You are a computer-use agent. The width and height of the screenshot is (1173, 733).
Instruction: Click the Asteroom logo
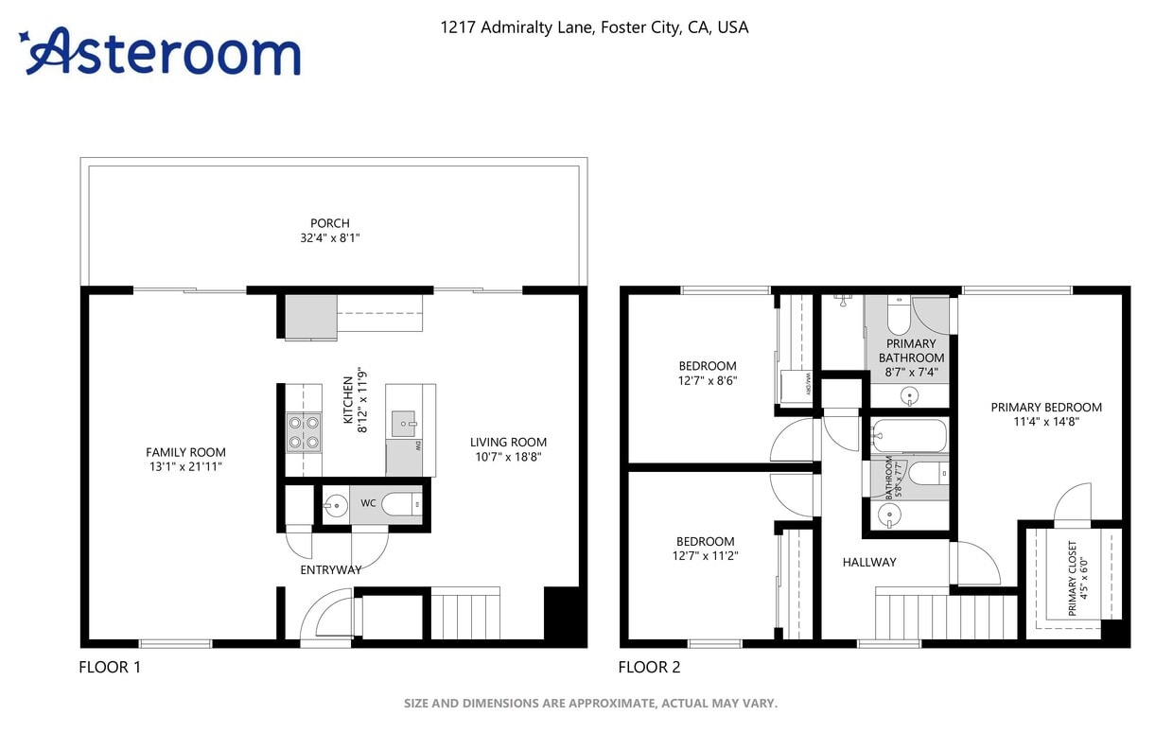pos(161,51)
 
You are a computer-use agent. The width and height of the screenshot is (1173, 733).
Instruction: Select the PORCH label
pos(329,223)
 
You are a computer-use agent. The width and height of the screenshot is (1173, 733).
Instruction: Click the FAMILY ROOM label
pos(185,452)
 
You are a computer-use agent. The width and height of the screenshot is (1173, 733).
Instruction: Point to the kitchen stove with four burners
pos(303,432)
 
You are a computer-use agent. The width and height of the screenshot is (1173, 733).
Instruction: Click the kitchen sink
pos(405,422)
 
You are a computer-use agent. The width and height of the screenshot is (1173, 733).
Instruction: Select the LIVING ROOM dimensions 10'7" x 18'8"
pos(508,457)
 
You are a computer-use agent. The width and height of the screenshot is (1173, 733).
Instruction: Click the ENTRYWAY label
pos(330,569)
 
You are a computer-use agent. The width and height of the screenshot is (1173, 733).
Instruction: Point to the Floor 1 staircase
pos(464,614)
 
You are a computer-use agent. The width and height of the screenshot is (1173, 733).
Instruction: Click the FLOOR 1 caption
pos(110,667)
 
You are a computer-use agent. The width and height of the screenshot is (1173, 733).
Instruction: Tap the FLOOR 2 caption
pos(649,667)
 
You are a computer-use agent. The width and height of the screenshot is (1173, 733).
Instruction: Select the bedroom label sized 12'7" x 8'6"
pos(708,373)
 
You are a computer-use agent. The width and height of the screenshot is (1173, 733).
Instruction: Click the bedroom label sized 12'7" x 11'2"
pos(705,549)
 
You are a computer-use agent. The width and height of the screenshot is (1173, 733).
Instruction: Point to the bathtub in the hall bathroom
pos(908,436)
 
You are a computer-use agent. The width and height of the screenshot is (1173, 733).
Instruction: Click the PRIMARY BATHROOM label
pos(911,358)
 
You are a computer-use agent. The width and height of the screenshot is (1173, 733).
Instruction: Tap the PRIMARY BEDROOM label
pos(1046,414)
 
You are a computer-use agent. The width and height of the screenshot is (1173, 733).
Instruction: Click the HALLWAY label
pos(869,562)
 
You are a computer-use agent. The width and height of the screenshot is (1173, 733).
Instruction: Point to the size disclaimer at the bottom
pos(590,703)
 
